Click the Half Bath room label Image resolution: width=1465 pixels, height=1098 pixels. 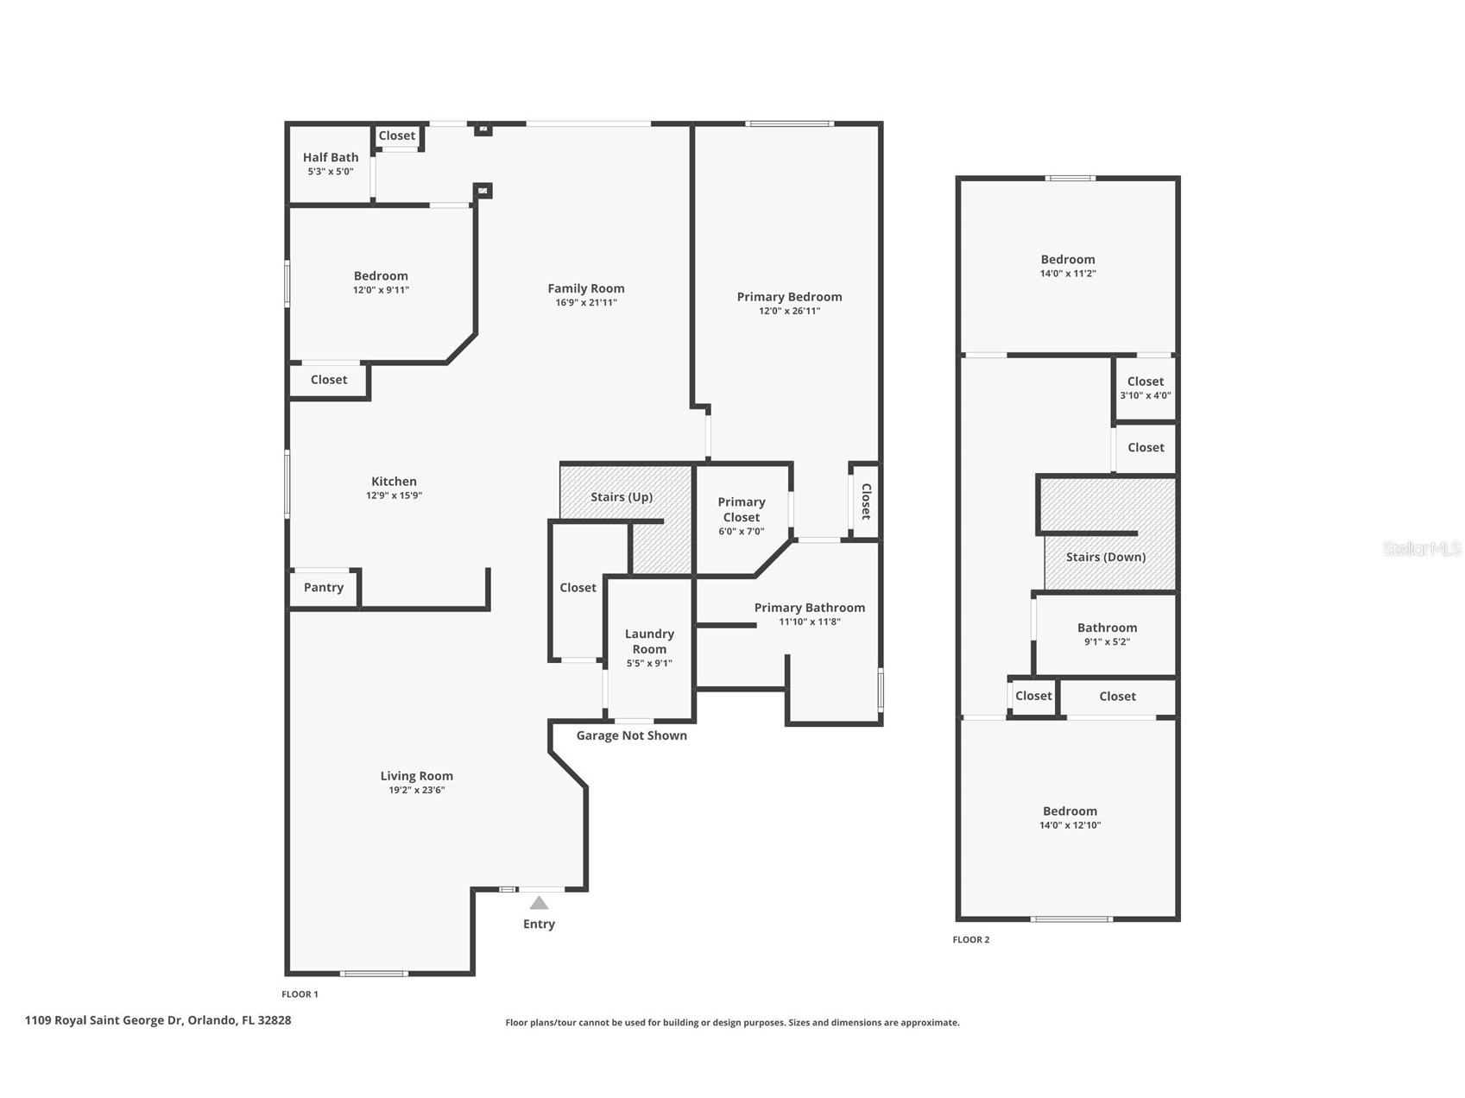pyautogui.click(x=331, y=157)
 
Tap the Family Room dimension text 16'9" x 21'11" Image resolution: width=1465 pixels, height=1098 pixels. pyautogui.click(x=586, y=303)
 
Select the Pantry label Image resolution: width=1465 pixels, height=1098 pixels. pyautogui.click(x=324, y=587)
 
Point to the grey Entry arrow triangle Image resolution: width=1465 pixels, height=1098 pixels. pyautogui.click(x=539, y=903)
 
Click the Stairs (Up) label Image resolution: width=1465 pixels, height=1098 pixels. pyautogui.click(x=622, y=497)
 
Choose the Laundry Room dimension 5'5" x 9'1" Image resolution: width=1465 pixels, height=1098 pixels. pyautogui.click(x=649, y=664)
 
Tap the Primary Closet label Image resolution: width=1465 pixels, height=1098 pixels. pyautogui.click(x=742, y=509)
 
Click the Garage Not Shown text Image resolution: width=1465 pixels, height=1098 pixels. pyautogui.click(x=632, y=735)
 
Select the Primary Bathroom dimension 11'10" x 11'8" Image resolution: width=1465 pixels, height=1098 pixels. pyautogui.click(x=810, y=622)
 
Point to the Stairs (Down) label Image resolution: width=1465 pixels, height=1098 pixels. pyautogui.click(x=1106, y=557)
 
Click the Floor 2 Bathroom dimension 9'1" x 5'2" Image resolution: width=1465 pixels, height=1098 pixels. pyautogui.click(x=1107, y=642)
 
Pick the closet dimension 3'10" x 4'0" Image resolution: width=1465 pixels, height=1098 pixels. pyautogui.click(x=1146, y=395)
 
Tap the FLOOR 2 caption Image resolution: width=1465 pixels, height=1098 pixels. pyautogui.click(x=971, y=939)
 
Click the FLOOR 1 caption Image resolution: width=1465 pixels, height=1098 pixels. pyautogui.click(x=300, y=994)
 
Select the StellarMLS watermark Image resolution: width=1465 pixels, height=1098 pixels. pyautogui.click(x=1422, y=548)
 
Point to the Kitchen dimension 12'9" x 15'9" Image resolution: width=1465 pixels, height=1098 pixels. pyautogui.click(x=394, y=495)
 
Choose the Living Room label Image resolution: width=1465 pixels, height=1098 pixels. pyautogui.click(x=417, y=776)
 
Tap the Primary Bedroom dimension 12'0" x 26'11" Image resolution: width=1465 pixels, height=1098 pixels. pyautogui.click(x=790, y=311)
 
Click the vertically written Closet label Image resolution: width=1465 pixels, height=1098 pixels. pyautogui.click(x=866, y=502)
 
